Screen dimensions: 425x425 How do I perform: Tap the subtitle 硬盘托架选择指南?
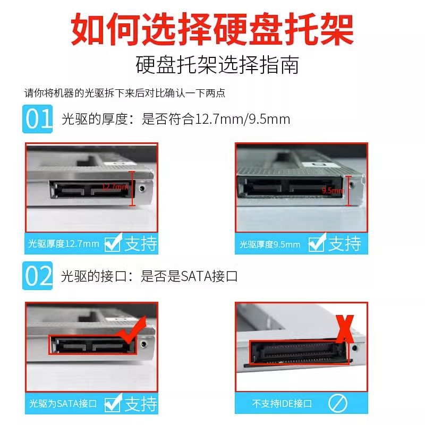click(x=217, y=65)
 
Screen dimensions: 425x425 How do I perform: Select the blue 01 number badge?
click(x=38, y=119)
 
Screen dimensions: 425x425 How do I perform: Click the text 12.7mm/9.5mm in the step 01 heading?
click(x=243, y=119)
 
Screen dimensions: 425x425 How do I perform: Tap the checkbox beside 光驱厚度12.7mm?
click(x=113, y=243)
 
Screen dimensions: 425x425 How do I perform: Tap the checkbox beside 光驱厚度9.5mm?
click(x=317, y=244)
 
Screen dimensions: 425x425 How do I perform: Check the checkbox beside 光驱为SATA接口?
click(x=113, y=403)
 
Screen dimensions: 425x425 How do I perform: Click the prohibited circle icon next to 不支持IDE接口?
click(x=337, y=404)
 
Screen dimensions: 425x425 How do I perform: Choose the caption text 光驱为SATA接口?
click(x=62, y=404)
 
